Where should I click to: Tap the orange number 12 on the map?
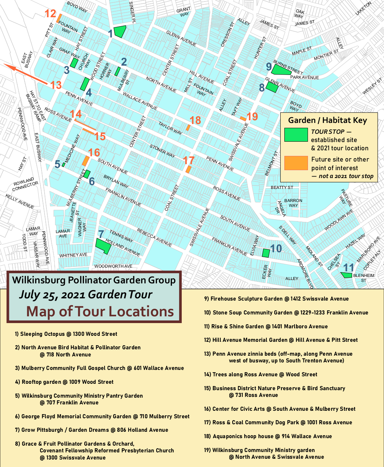[x=51, y=14]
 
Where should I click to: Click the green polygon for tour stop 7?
[x=103, y=246]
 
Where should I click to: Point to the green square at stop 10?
[x=266, y=253]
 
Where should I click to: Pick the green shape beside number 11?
[x=346, y=275]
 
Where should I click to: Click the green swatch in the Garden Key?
[x=296, y=135]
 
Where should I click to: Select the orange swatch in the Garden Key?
[x=296, y=163]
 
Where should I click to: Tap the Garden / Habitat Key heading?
[x=327, y=120]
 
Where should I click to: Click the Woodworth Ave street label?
[x=113, y=266]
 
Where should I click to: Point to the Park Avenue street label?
[x=305, y=78]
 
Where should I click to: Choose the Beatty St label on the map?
[x=282, y=187]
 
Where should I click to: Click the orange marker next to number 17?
[x=188, y=169]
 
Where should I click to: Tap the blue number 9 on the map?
[x=269, y=67]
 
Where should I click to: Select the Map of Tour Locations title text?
[x=100, y=311]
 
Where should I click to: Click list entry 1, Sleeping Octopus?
[x=66, y=334]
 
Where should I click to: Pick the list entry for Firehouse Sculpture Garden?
[x=276, y=299]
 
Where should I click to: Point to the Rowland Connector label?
[x=25, y=184]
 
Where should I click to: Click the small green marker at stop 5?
[x=64, y=165]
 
